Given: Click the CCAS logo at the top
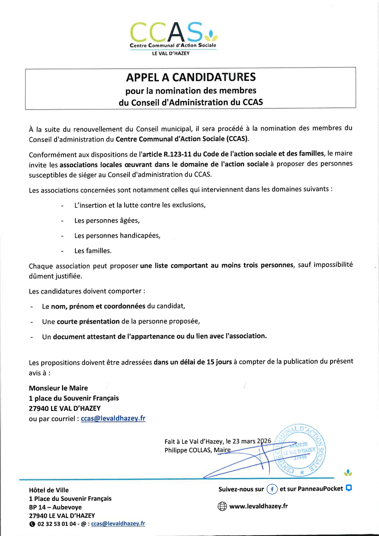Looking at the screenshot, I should [173, 36].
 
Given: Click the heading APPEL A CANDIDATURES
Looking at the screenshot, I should [190, 77].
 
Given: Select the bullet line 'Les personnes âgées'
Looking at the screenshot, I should [107, 220].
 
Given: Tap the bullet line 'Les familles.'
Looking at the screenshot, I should [93, 251].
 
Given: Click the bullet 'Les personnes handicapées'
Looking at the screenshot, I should [117, 236].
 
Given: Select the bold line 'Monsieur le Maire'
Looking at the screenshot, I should [58, 388].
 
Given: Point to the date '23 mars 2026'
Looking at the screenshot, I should [248, 441].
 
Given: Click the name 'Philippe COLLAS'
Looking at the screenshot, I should [188, 450].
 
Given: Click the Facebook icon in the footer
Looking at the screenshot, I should [272, 489].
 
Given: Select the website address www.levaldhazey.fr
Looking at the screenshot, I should [258, 506].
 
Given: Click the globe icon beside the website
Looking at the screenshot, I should [222, 507].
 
